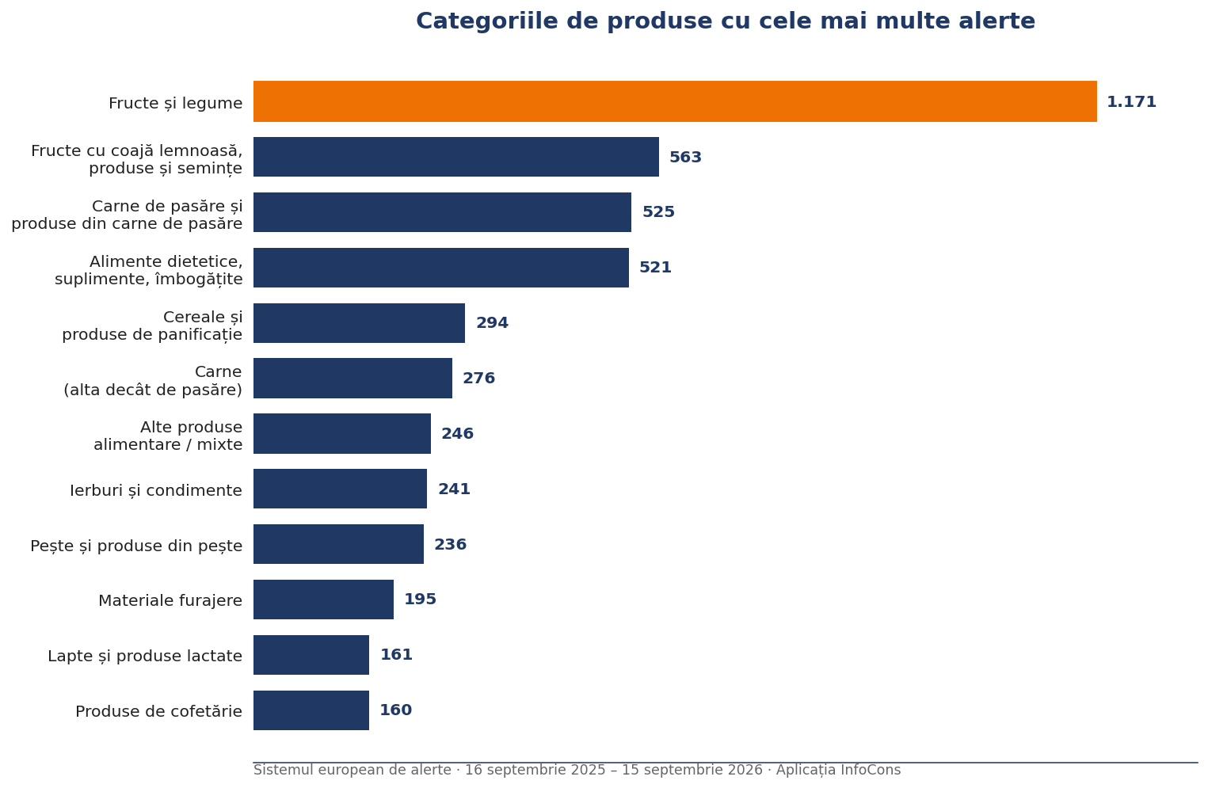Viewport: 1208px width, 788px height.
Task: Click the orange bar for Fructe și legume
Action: coord(675,101)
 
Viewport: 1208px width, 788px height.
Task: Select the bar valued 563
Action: coord(455,157)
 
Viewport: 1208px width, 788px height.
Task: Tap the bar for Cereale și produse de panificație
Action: coord(359,323)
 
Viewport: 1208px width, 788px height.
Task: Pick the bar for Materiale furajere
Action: coord(323,600)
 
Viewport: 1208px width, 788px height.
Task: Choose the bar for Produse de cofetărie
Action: coord(311,710)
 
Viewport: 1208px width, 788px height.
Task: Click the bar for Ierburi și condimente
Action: coord(341,489)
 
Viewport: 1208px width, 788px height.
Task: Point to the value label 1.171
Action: coord(1131,102)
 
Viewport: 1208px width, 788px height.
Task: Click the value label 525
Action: coord(658,211)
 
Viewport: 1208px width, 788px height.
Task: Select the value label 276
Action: coord(478,379)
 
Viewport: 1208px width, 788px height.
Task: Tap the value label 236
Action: coord(450,544)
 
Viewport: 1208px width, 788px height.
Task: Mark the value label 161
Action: coord(396,655)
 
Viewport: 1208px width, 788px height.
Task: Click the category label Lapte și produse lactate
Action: coord(145,656)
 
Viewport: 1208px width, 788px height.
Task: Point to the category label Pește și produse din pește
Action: coord(136,546)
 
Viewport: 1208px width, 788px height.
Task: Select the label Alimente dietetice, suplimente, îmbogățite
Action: coord(149,270)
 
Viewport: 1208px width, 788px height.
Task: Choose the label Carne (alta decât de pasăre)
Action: coord(153,380)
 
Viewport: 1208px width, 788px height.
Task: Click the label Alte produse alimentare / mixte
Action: coord(168,436)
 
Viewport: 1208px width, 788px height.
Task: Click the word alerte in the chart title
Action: coord(997,21)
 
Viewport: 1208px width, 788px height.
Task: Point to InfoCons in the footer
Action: coord(871,770)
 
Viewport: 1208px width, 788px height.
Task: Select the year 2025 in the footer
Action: coord(588,770)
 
